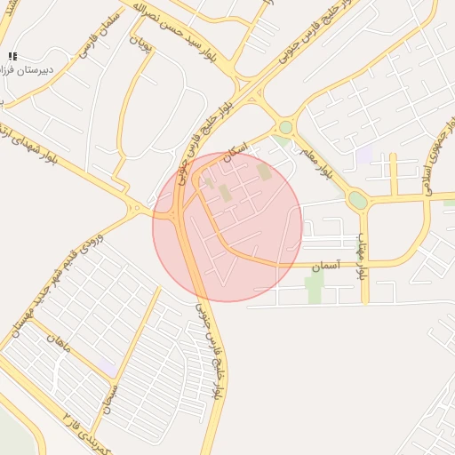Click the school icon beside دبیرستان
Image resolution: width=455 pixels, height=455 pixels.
[x=12, y=56]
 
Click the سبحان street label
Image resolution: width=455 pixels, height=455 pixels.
[x=110, y=395]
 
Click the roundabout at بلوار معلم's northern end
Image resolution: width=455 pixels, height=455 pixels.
[x=285, y=127]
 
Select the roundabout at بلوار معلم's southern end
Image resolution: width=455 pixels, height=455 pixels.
[x=357, y=200]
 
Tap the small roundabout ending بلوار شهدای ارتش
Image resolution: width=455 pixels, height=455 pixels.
[x=136, y=210]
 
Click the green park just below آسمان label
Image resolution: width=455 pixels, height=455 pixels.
[x=315, y=287]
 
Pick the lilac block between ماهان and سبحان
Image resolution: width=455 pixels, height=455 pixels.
[x=107, y=366]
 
